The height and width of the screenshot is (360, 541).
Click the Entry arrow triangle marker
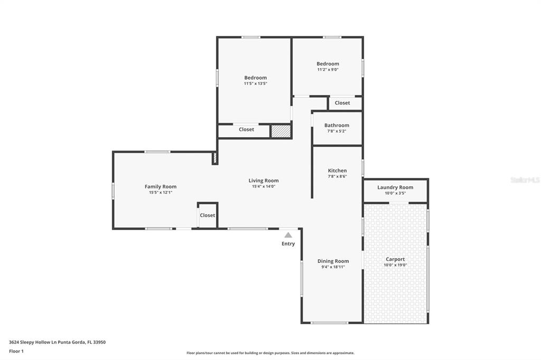tap(288, 235)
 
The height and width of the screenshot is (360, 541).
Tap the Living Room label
tap(264, 181)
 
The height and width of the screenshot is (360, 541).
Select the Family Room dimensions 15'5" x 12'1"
tap(161, 193)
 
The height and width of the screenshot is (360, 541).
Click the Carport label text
tap(395, 259)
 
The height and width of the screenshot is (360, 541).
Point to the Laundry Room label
tap(395, 187)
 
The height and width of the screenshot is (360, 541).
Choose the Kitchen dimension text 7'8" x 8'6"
tap(338, 176)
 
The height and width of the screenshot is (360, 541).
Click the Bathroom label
tap(337, 125)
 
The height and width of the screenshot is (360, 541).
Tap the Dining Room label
tap(333, 261)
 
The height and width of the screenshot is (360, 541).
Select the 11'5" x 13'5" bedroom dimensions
tap(256, 83)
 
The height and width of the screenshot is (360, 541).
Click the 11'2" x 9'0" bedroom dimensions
tap(328, 69)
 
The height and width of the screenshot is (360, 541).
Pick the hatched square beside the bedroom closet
tap(281, 131)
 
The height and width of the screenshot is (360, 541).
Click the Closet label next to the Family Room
tap(207, 215)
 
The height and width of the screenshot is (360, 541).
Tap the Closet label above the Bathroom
tap(342, 103)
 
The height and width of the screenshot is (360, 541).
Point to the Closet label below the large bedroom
tap(246, 129)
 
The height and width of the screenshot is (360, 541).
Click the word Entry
tap(288, 244)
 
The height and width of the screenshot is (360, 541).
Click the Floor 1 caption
tap(16, 352)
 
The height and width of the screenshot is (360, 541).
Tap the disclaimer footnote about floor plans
tap(270, 353)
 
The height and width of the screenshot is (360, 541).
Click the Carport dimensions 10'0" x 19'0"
tap(395, 265)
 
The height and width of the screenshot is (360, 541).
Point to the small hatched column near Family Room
tap(214, 158)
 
